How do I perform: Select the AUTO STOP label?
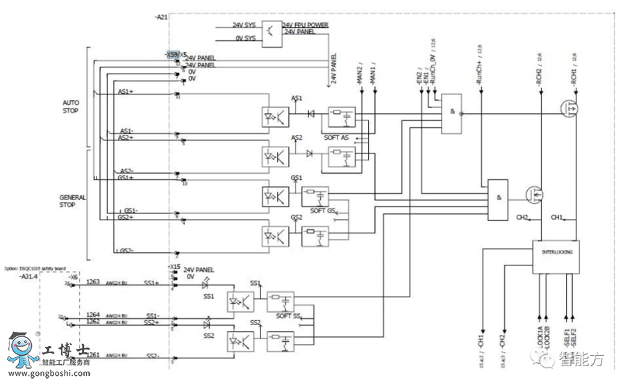pos(71,106)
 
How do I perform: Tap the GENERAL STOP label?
pos(72,201)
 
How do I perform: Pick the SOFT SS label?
pos(288,317)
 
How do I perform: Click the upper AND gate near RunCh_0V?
pos(451,113)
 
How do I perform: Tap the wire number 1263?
pos(93,282)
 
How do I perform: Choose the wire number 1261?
pos(93,355)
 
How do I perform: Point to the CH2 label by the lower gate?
pos(523,217)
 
